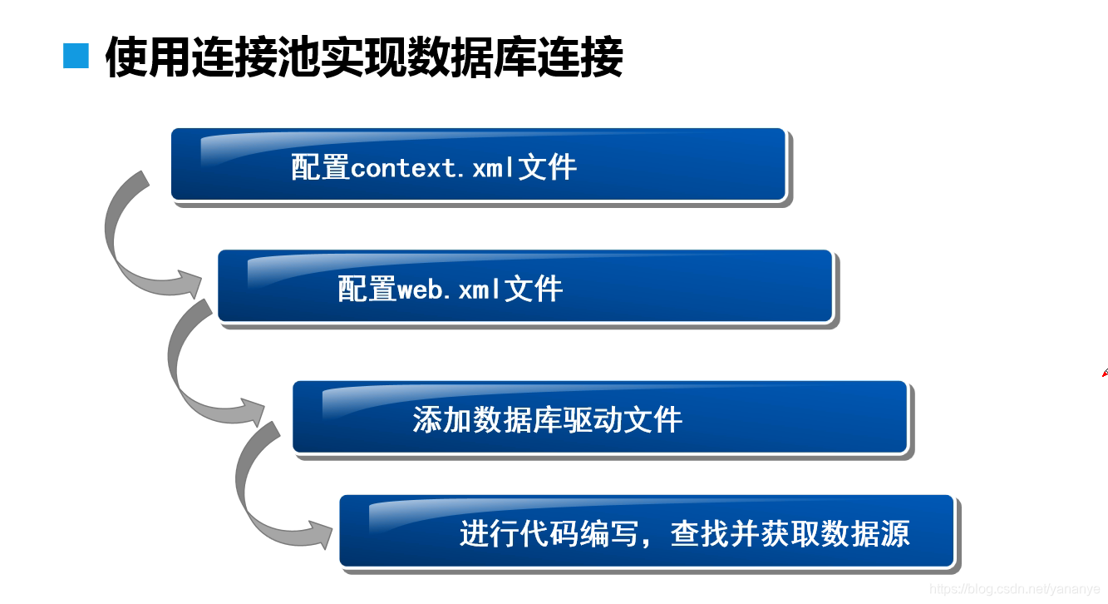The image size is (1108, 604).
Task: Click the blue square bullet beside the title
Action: point(76,56)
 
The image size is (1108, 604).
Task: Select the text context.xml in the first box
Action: point(433,168)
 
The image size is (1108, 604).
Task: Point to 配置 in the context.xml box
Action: point(320,168)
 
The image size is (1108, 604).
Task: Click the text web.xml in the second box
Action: point(450,290)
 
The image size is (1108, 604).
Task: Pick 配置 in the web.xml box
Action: point(367,290)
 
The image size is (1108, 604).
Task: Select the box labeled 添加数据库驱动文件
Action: point(599,417)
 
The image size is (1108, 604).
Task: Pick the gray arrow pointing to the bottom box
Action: point(266,491)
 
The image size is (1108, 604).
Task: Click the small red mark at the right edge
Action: point(1104,374)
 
